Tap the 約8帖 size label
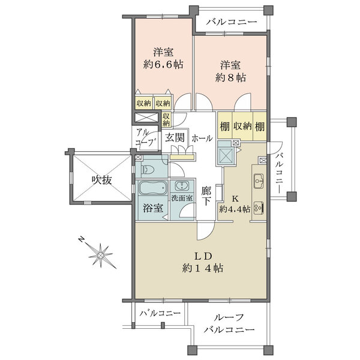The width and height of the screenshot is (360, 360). coord(231,78)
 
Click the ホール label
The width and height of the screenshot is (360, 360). coord(201,137)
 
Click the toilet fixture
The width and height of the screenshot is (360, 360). coord(148,170)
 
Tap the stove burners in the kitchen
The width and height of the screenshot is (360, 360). coord(259,208)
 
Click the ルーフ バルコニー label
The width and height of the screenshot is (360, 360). coord(228,325)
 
